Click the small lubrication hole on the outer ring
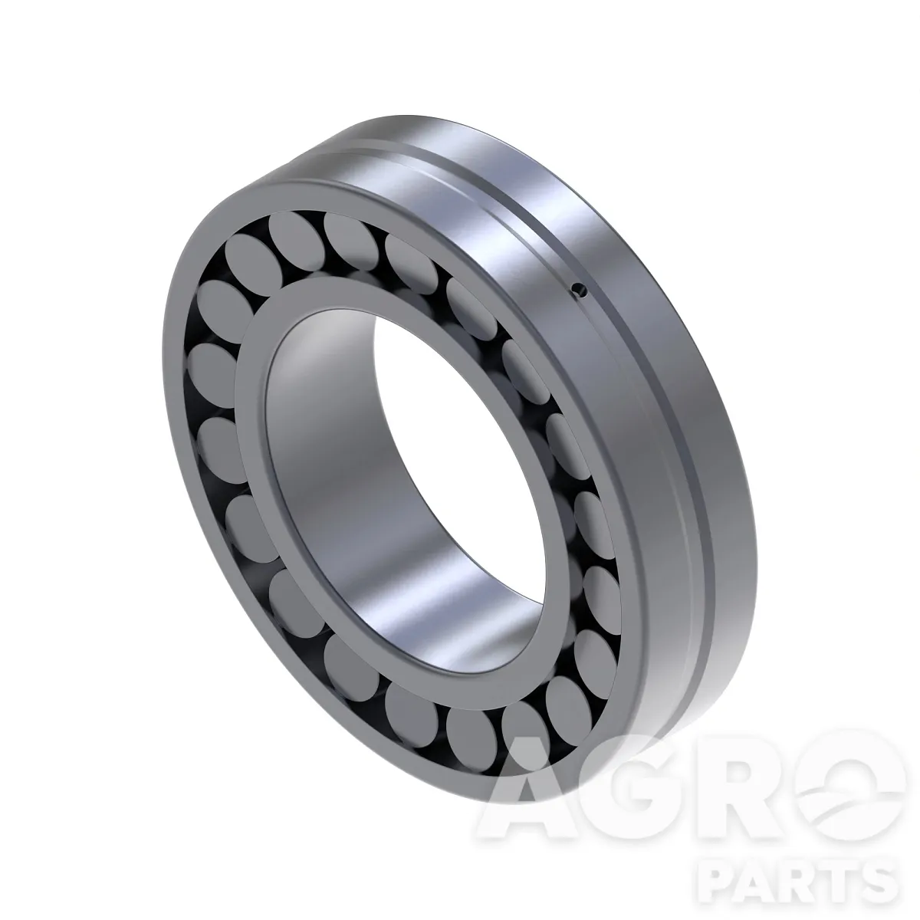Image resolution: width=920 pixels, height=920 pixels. [580, 289]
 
